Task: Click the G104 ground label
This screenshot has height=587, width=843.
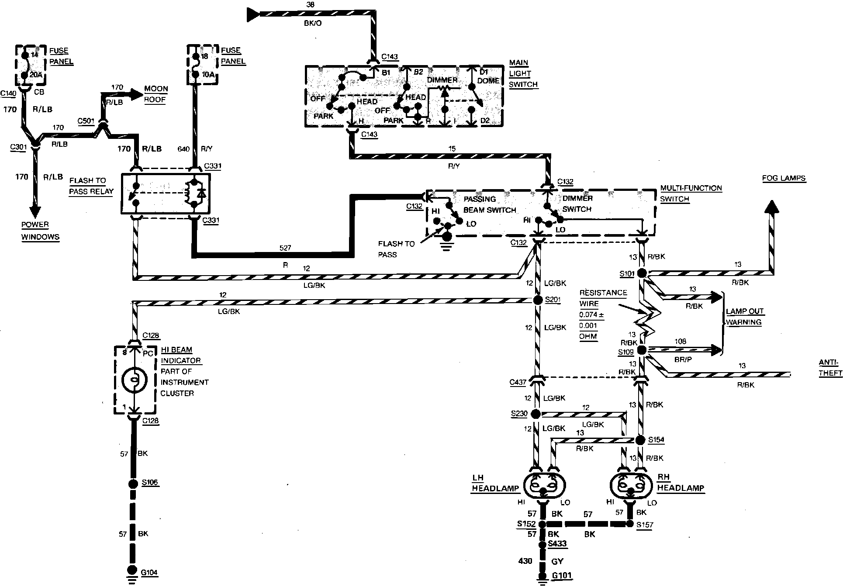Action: click(149, 572)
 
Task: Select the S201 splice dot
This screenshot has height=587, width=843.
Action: click(538, 300)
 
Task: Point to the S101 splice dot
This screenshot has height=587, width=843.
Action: click(642, 273)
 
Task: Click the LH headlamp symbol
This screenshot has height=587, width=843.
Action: click(544, 485)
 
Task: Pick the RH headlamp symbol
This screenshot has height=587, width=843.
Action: click(630, 485)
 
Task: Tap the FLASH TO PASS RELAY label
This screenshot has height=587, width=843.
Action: click(91, 186)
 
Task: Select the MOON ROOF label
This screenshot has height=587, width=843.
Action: click(155, 94)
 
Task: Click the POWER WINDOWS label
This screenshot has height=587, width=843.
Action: click(40, 231)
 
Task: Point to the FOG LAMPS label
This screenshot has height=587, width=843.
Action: click(784, 178)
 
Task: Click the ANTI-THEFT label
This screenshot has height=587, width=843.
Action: click(829, 368)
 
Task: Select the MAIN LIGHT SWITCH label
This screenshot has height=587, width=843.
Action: click(523, 74)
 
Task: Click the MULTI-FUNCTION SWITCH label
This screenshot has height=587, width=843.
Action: click(691, 193)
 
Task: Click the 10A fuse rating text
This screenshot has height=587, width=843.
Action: click(207, 74)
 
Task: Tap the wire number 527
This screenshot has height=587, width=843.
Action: click(285, 248)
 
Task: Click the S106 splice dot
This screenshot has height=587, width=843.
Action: click(133, 484)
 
